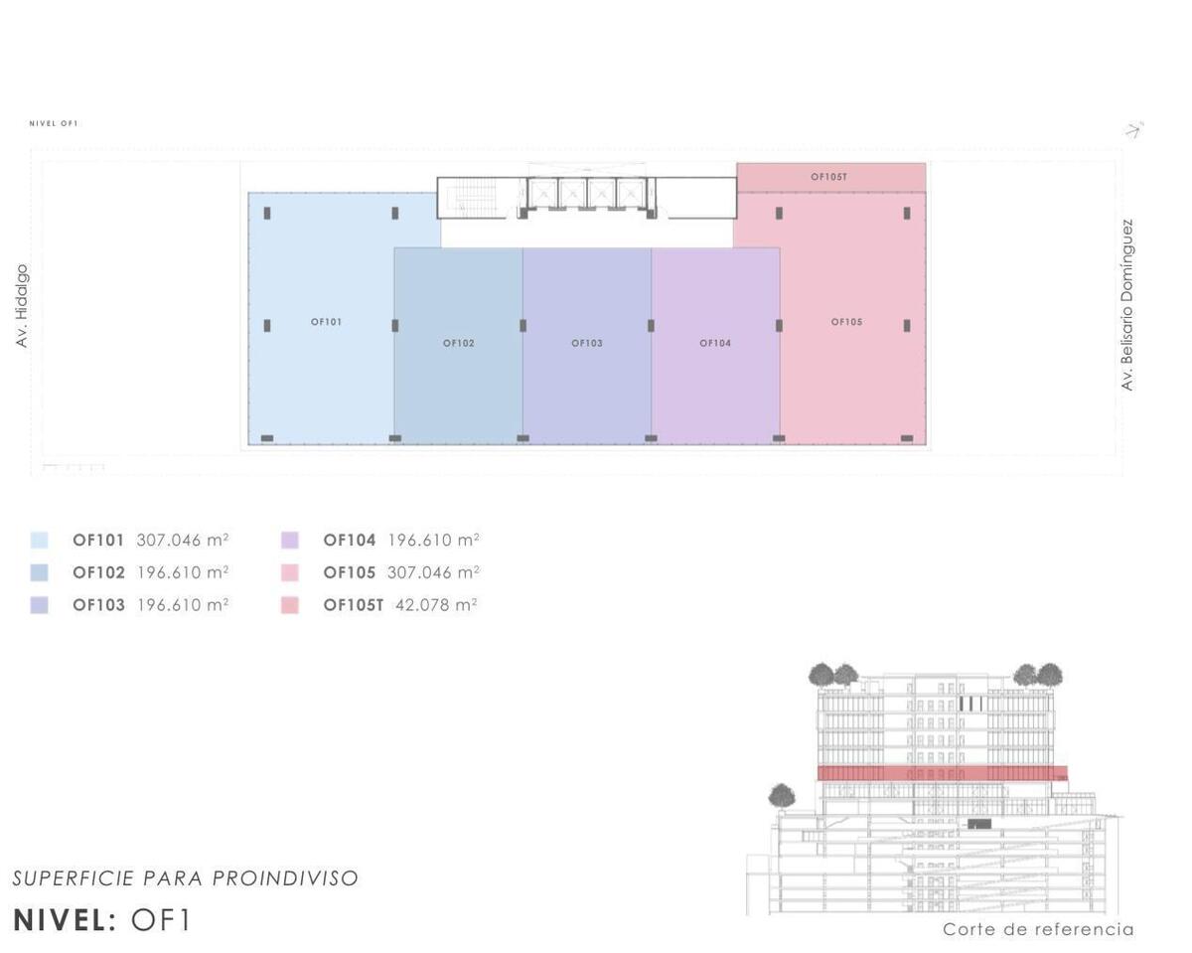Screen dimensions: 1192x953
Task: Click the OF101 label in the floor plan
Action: [326, 322]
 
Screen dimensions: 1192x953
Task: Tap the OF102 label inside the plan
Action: [459, 344]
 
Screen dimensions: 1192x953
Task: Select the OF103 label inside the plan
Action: [587, 344]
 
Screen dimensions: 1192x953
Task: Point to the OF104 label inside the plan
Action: [715, 344]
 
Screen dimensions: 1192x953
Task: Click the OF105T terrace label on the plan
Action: [828, 177]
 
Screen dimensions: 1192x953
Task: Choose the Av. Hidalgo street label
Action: [21, 306]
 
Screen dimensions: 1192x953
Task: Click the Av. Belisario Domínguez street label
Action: [1126, 305]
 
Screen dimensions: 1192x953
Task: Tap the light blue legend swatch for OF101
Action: [40, 541]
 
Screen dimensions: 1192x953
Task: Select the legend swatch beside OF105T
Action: [290, 605]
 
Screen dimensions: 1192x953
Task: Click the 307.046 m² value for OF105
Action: [433, 572]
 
